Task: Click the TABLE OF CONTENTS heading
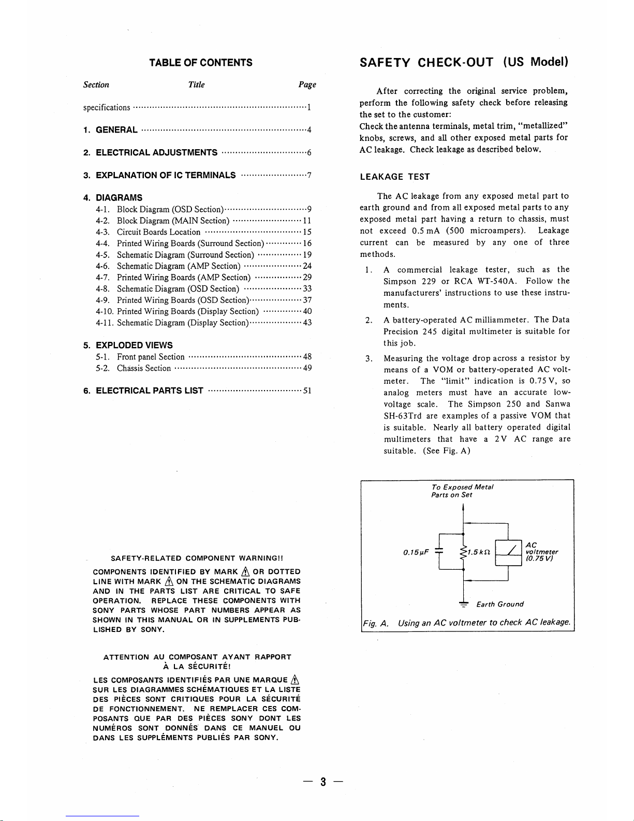(x=201, y=63)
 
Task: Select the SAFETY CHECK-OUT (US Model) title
(x=464, y=63)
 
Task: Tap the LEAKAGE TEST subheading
(x=394, y=177)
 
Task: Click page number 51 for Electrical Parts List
(x=307, y=391)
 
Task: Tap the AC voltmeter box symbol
(x=508, y=553)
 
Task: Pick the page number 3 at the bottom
(x=322, y=783)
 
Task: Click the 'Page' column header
(x=307, y=85)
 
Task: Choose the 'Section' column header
(x=96, y=85)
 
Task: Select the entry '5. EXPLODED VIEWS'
(x=128, y=345)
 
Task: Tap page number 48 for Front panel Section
(x=307, y=357)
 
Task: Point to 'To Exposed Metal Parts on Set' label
(x=462, y=491)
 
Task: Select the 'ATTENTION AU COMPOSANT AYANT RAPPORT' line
(x=197, y=657)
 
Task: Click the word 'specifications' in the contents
(x=107, y=108)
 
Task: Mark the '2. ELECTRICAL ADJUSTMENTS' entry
(x=151, y=153)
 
